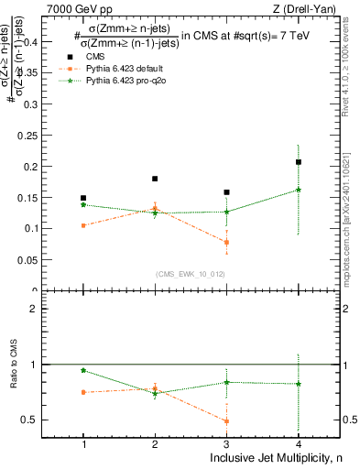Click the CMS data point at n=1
tap(83, 198)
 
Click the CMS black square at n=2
tap(155, 179)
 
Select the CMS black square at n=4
tap(299, 162)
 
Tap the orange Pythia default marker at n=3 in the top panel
tap(226, 243)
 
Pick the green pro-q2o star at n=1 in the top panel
tap(83, 205)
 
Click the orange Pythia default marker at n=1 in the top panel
tap(83, 225)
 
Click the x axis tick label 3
tap(226, 444)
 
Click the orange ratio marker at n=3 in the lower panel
tap(226, 421)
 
